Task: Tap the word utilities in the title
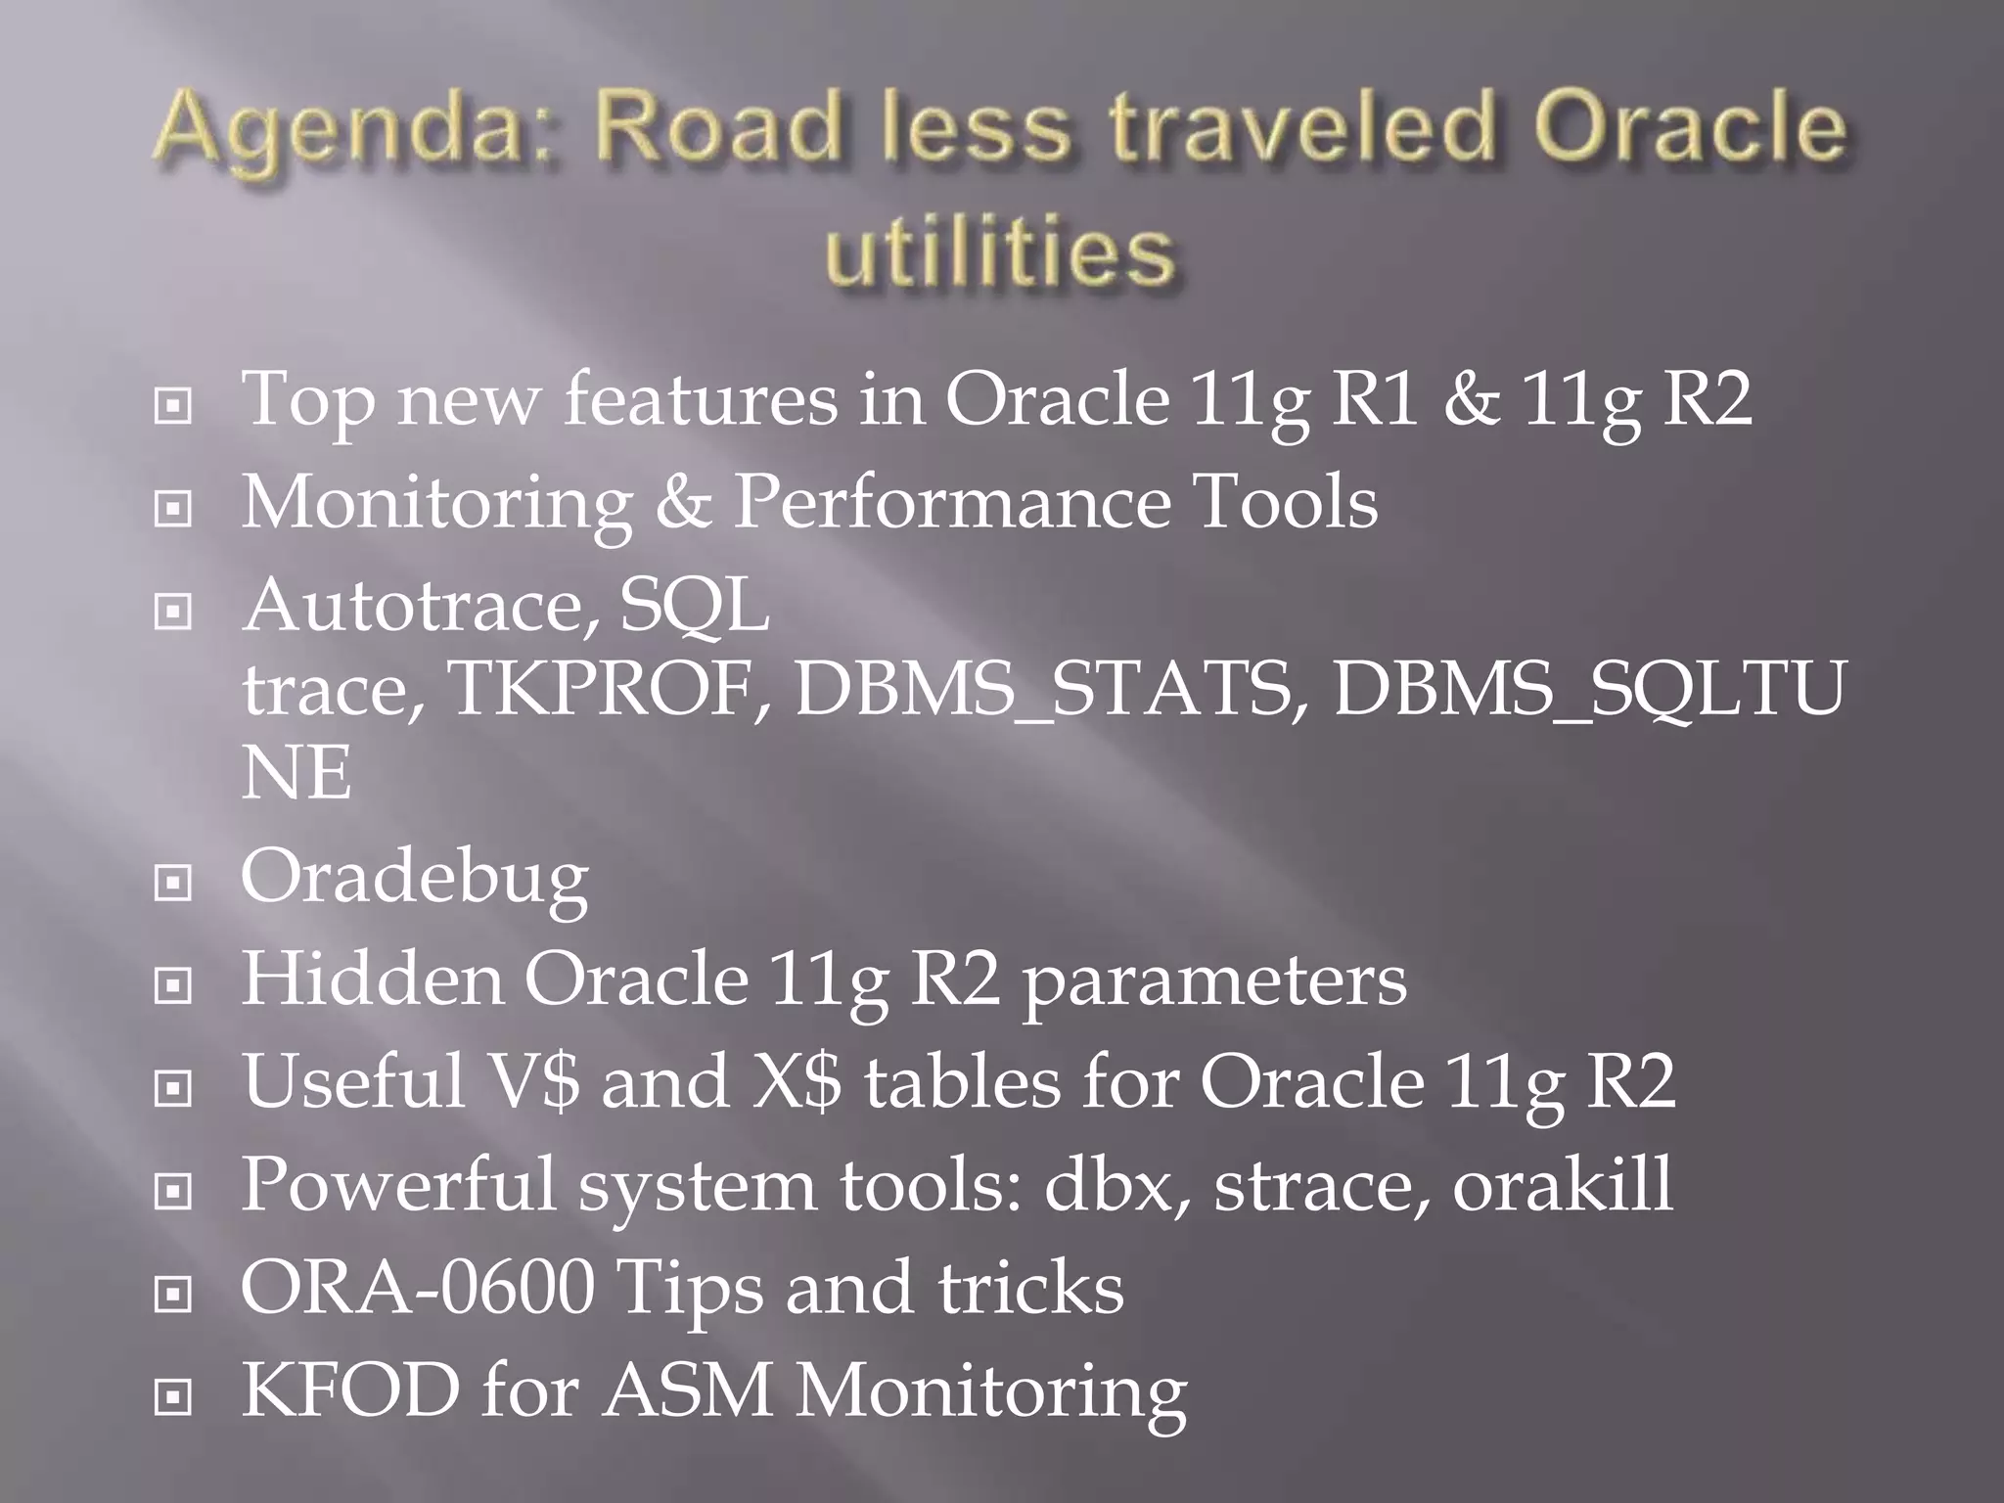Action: click(x=999, y=252)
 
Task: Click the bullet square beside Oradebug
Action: click(x=173, y=883)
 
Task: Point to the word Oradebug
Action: click(x=415, y=877)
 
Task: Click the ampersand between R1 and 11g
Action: click(x=1471, y=400)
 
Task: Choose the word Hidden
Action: click(x=372, y=979)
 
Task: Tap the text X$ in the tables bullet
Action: click(x=796, y=1082)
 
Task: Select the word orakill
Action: click(x=1562, y=1184)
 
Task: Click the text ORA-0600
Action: click(x=418, y=1288)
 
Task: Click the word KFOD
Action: click(x=350, y=1389)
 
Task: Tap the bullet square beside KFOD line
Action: click(x=173, y=1397)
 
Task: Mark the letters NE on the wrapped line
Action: click(x=296, y=773)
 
